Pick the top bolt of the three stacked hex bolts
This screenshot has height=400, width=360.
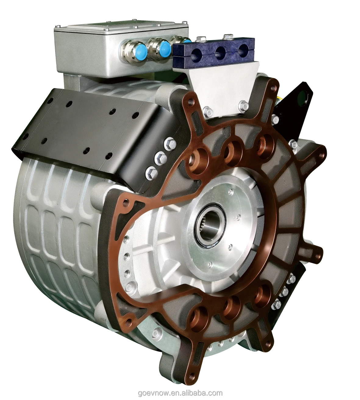pyautogui.click(x=169, y=143)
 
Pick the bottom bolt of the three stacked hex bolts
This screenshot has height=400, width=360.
pyautogui.click(x=151, y=173)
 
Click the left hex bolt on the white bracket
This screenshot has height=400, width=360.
pyautogui.click(x=207, y=112)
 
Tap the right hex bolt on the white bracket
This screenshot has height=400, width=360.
pyautogui.click(x=243, y=105)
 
